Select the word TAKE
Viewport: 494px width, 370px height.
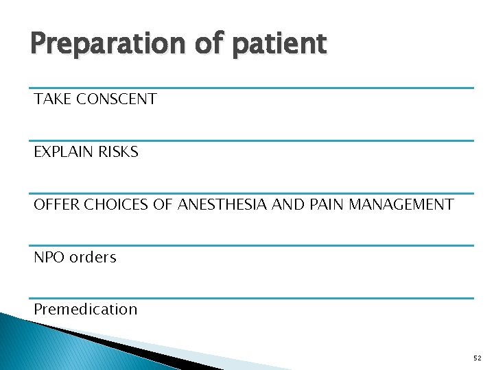pyautogui.click(x=53, y=99)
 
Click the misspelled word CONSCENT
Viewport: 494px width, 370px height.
pyautogui.click(x=117, y=99)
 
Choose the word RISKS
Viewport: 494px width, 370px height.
pyautogui.click(x=119, y=152)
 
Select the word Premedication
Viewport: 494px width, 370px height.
pyautogui.click(x=86, y=310)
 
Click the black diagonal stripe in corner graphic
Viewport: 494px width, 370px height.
pyautogui.click(x=130, y=343)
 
